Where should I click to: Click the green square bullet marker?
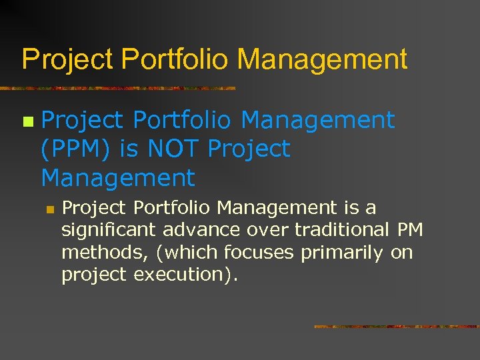point(27,122)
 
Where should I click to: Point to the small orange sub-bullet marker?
point(49,209)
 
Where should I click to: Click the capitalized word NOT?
point(172,149)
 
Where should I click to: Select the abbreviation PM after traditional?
point(409,231)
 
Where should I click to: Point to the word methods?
point(91,253)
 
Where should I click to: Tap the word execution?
point(184,275)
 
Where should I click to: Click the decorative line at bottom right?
point(396,327)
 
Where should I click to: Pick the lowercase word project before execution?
point(93,275)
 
